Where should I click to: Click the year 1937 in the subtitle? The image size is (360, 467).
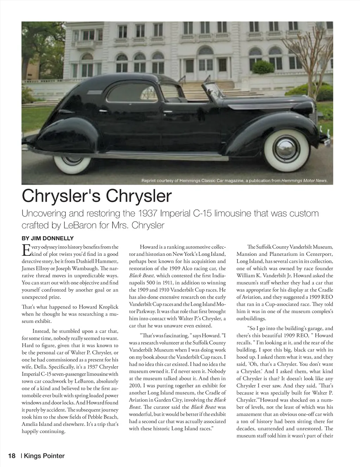147,213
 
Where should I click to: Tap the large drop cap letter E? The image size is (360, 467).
26,250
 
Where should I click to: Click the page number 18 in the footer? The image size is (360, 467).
12,456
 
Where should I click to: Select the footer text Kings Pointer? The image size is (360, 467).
44,456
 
